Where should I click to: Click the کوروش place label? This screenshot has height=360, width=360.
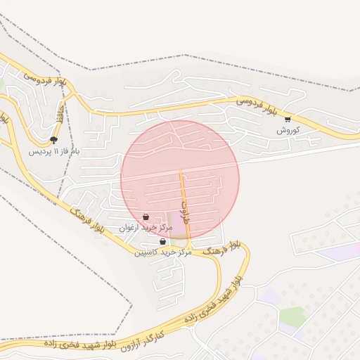click(288, 131)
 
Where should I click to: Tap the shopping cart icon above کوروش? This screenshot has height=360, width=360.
click(288, 120)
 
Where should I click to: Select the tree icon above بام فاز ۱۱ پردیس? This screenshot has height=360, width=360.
click(54, 140)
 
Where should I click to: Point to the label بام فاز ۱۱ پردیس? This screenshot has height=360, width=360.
click(55, 151)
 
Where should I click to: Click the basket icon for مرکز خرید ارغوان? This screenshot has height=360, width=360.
click(146, 217)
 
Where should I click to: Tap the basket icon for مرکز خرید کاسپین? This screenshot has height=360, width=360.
click(163, 241)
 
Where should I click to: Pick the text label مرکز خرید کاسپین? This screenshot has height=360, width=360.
click(163, 252)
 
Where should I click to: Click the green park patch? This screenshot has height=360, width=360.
click(293, 316)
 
